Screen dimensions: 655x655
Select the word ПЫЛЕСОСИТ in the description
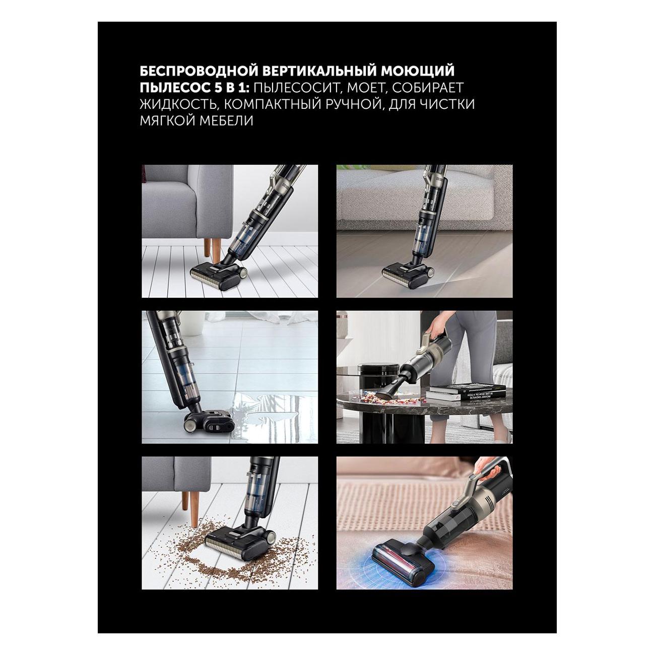pyautogui.click(x=293, y=88)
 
